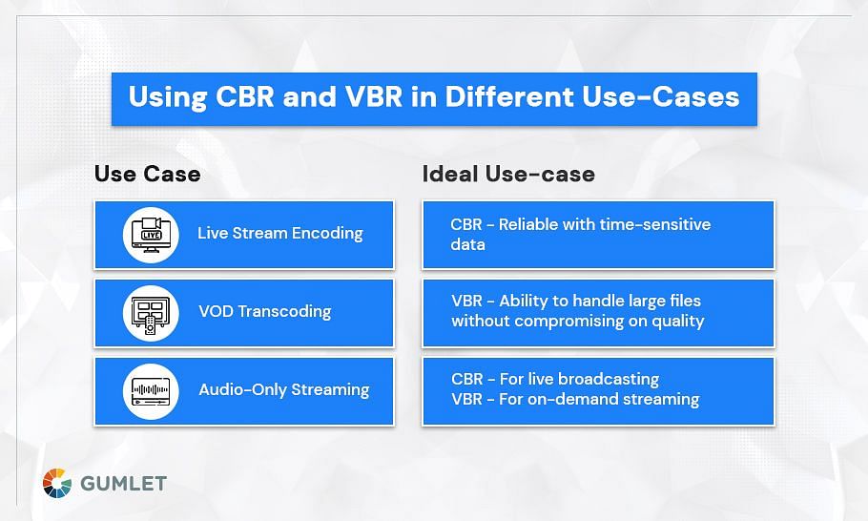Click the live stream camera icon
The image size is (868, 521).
pyautogui.click(x=151, y=235)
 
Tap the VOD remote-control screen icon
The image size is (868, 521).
pyautogui.click(x=151, y=313)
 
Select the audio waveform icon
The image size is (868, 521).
pyautogui.click(x=151, y=391)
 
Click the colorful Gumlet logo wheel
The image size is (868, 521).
pyautogui.click(x=57, y=483)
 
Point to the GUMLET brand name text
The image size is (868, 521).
pyautogui.click(x=123, y=484)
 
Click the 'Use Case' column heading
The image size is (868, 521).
pyautogui.click(x=147, y=174)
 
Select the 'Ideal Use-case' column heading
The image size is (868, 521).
pyautogui.click(x=508, y=174)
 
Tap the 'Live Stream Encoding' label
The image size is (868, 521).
pyautogui.click(x=280, y=233)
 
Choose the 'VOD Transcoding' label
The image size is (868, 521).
pyautogui.click(x=264, y=311)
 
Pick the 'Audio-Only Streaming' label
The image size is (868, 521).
pyautogui.click(x=284, y=389)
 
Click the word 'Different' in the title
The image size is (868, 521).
pyautogui.click(x=510, y=96)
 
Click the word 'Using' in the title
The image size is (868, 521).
pyautogui.click(x=168, y=97)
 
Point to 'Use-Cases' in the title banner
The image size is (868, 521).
pyautogui.click(x=660, y=96)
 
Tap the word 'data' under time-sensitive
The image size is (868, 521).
pyautogui.click(x=467, y=244)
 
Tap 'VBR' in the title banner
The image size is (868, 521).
pyautogui.click(x=374, y=96)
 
